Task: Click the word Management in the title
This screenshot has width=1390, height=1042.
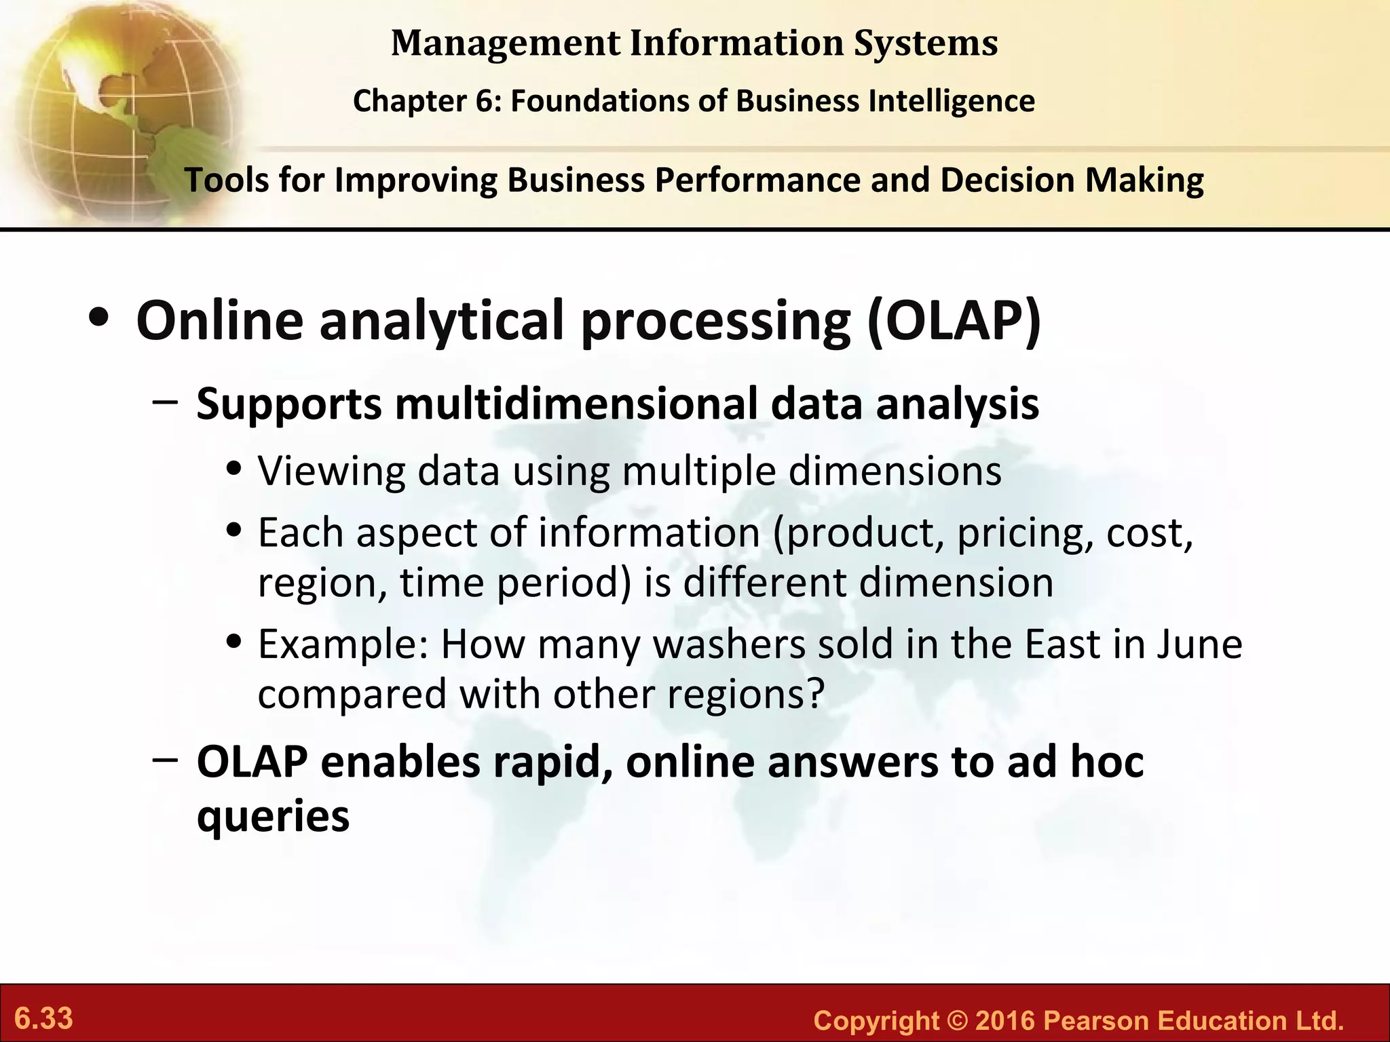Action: [x=506, y=43]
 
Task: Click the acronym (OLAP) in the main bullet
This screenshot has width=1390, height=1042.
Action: [x=954, y=320]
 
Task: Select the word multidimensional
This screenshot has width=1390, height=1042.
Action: [x=576, y=404]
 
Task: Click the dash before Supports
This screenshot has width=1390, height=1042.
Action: [x=166, y=402]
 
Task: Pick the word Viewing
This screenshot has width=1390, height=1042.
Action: [x=331, y=471]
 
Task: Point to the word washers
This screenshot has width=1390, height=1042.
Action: [x=728, y=644]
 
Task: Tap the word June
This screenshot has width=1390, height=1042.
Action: [x=1199, y=644]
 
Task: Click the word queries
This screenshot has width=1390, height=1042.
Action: [x=273, y=816]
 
